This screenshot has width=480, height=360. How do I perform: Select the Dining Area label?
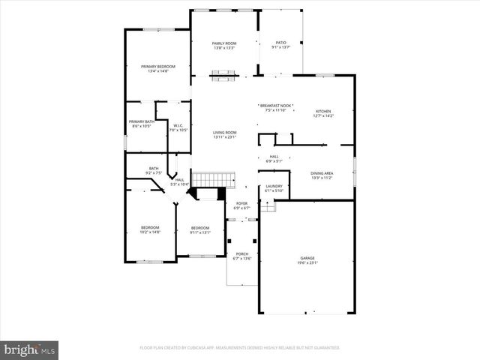[x=322, y=175]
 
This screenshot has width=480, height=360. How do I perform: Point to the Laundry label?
[x=274, y=187]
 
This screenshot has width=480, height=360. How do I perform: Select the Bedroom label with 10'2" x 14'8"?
[x=150, y=229]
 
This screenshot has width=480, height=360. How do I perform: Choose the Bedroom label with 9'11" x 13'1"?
[x=199, y=229]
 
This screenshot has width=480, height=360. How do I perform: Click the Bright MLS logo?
[x=30, y=349]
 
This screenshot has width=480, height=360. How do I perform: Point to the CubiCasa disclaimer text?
[x=240, y=348]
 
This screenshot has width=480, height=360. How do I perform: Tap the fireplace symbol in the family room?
[x=224, y=73]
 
